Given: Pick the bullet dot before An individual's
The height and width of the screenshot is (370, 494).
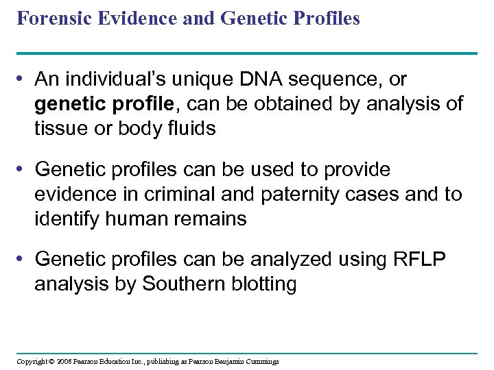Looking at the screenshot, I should click(x=23, y=80).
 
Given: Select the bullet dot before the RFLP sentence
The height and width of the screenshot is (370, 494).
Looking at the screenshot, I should click(x=23, y=260).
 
